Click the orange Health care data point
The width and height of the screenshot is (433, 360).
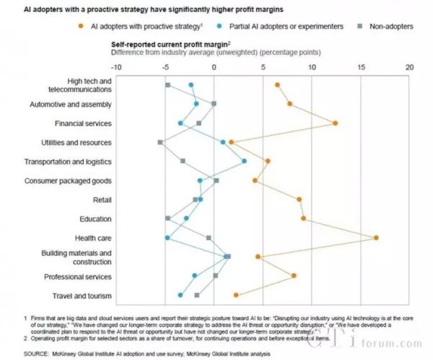(376, 237)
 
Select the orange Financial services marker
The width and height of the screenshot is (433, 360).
(335, 123)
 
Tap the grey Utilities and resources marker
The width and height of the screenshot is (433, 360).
(160, 142)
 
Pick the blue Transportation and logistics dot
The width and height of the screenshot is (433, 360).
(244, 161)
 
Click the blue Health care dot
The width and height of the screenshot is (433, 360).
(167, 237)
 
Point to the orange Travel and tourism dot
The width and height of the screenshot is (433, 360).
(236, 294)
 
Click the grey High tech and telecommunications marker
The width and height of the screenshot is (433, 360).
(167, 85)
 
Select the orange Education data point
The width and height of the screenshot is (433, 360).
(303, 218)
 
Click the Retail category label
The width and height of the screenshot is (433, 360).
(102, 199)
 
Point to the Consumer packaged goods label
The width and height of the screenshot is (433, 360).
(68, 180)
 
